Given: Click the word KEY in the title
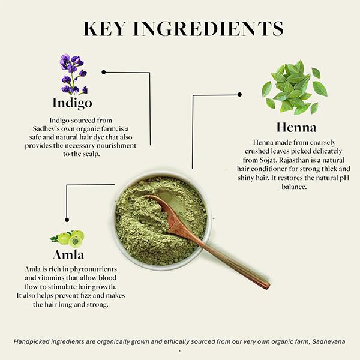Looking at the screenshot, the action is click(x=104, y=29).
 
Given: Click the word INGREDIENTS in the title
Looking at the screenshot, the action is click(x=208, y=29).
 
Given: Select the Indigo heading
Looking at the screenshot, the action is click(x=73, y=103).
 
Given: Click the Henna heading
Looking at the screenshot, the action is click(x=296, y=127).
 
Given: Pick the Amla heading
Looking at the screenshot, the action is click(x=68, y=254).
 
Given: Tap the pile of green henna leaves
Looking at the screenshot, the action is click(x=295, y=88).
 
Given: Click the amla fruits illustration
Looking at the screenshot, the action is click(x=67, y=239).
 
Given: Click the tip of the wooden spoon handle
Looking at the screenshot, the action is click(x=268, y=287).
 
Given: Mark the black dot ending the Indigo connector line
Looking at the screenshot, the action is click(x=104, y=72).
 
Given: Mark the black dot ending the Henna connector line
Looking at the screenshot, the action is click(x=239, y=94).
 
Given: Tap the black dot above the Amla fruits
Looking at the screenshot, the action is click(x=67, y=220).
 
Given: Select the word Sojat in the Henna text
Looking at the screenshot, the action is click(x=268, y=160).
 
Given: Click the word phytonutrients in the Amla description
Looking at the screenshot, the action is click(x=94, y=269).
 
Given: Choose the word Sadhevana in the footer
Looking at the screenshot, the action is click(x=329, y=341).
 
